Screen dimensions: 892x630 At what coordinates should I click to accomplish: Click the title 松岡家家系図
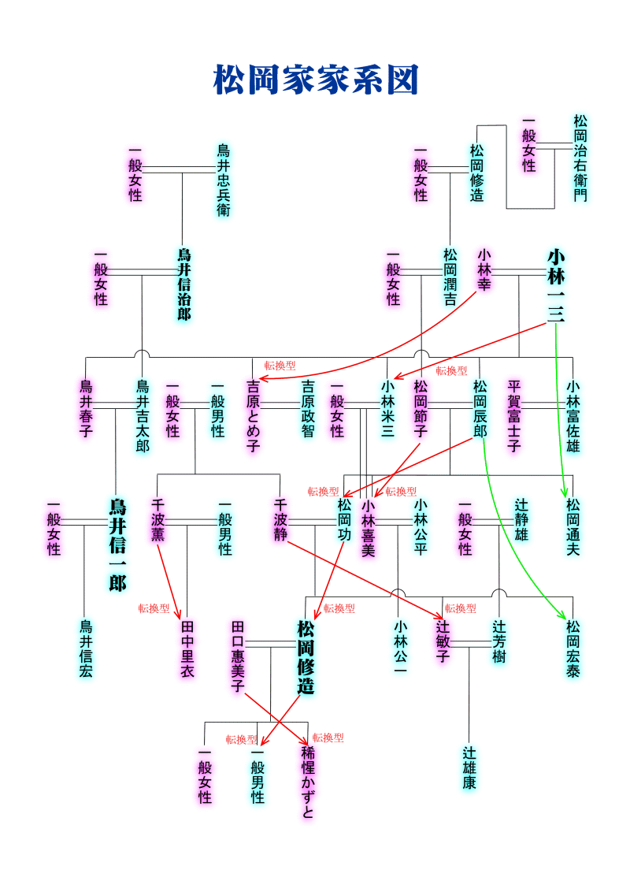point(315,80)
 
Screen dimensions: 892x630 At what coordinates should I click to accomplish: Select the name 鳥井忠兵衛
point(224,180)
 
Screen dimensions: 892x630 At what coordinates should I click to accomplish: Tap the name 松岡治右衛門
point(580,158)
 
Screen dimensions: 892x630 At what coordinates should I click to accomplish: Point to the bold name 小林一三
point(556,285)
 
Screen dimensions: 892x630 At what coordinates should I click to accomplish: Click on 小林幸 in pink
point(484,269)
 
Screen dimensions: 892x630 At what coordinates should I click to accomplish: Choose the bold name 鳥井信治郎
point(183,284)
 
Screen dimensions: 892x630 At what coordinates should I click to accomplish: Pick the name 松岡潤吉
point(450,277)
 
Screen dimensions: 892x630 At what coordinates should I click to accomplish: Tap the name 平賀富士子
point(514,415)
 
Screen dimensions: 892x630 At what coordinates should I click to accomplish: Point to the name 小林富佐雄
point(573,415)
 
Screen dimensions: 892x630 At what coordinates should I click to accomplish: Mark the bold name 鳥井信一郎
point(117,544)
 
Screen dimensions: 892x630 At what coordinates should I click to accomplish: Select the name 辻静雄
point(521,520)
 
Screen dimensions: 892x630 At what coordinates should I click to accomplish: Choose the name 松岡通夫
point(573,527)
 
